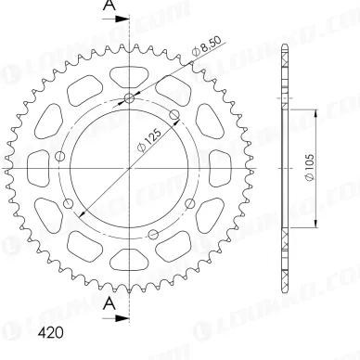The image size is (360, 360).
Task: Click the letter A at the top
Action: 108,8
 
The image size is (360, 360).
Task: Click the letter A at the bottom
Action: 108,304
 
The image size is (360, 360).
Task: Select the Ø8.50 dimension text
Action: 206,48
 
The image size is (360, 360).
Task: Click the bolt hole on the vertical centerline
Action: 128,99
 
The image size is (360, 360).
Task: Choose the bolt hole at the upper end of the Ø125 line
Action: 175,115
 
